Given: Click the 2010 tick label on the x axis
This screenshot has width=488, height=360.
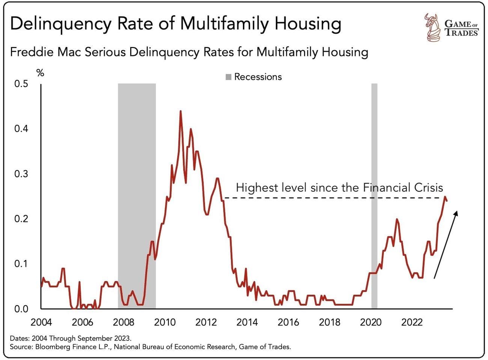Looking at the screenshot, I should [x=165, y=322].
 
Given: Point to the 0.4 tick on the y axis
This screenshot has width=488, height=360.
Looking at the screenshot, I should [x=21, y=129].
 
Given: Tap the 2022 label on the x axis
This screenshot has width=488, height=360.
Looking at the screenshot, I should [x=412, y=322].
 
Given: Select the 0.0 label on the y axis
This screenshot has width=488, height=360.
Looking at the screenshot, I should [x=21, y=309].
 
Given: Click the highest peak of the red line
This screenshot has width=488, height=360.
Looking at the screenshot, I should [x=181, y=111].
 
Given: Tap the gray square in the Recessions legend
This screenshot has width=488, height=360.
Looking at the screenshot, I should [x=229, y=77].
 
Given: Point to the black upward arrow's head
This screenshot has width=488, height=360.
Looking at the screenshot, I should [x=456, y=212].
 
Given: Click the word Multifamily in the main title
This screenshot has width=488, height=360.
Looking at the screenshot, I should [x=225, y=23].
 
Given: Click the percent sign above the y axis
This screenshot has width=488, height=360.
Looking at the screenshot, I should [x=40, y=73].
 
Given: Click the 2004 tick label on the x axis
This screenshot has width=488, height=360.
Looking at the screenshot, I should [x=41, y=322].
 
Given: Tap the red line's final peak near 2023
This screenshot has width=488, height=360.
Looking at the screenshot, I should [x=445, y=197].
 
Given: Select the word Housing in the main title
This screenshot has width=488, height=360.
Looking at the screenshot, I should [x=307, y=23].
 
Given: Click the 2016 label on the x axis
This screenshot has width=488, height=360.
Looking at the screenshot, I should [x=288, y=322].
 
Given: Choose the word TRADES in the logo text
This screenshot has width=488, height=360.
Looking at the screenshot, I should [x=462, y=33].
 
